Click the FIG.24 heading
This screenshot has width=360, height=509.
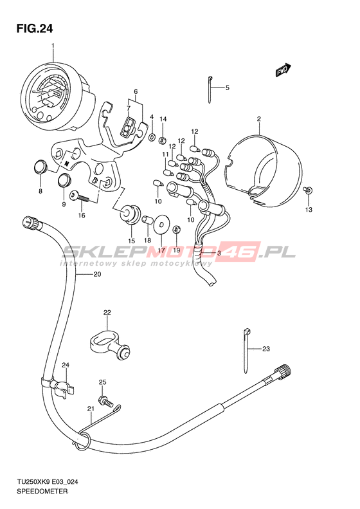pyautogui.click(x=34, y=29)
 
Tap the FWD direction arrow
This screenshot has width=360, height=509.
pyautogui.click(x=283, y=69)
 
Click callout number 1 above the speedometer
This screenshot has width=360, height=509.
pyautogui.click(x=53, y=46)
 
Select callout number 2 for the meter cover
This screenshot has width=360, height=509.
pyautogui.click(x=259, y=119)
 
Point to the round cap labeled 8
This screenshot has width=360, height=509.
pyautogui.click(x=40, y=167)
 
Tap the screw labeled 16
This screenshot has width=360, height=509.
pyautogui.click(x=79, y=196)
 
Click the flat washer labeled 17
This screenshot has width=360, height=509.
pyautogui.click(x=161, y=223)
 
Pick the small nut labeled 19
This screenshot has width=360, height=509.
pyautogui.click(x=176, y=230)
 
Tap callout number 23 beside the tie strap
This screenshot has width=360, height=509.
pyautogui.click(x=266, y=349)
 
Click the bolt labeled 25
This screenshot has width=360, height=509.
pyautogui.click(x=106, y=401)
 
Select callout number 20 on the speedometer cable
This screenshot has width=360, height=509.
pyautogui.click(x=97, y=274)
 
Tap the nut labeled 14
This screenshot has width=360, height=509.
pyautogui.click(x=163, y=140)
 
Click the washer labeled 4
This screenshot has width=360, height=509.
pyautogui.click(x=152, y=137)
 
